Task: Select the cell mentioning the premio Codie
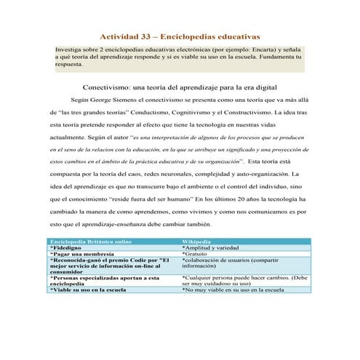(109, 266)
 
